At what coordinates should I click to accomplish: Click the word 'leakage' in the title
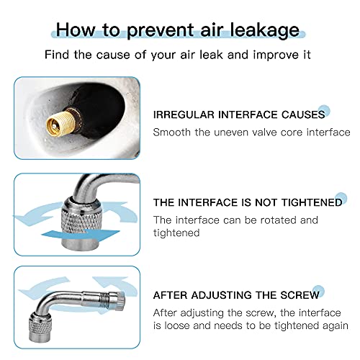click(264, 30)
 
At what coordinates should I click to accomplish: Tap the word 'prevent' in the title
click(160, 31)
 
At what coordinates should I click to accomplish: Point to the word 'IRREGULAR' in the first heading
click(184, 114)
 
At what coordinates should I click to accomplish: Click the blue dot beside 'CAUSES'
click(324, 111)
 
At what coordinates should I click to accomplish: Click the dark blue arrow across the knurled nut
click(81, 235)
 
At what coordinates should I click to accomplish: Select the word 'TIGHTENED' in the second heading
click(312, 202)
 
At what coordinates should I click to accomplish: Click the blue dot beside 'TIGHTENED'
click(341, 199)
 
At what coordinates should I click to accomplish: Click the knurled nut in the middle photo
click(81, 221)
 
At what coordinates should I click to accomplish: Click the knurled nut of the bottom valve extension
click(40, 326)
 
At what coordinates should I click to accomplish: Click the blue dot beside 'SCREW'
click(318, 291)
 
